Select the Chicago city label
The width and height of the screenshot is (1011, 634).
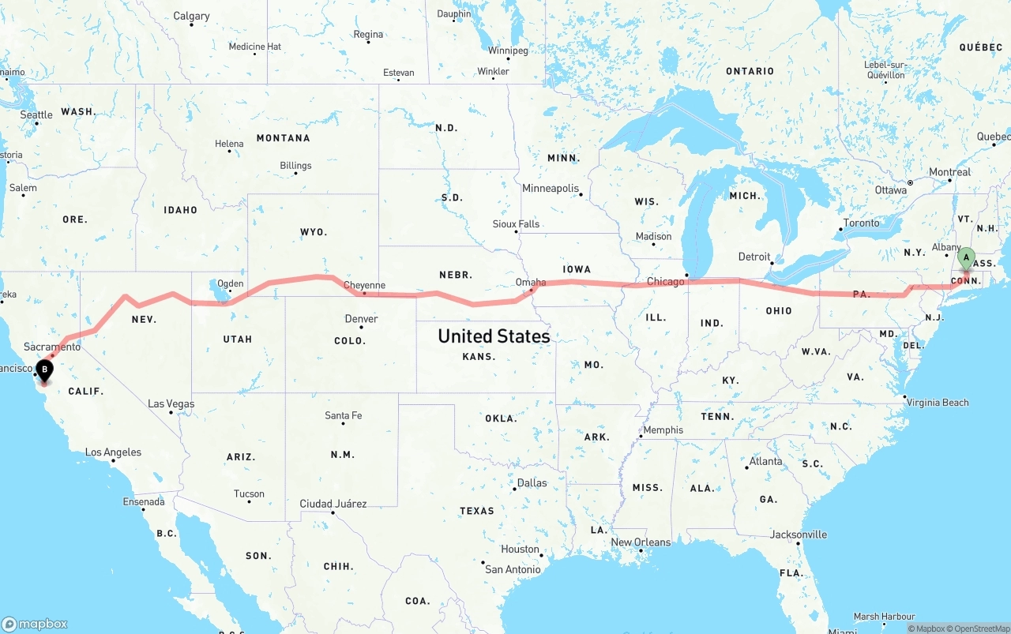click(665, 282)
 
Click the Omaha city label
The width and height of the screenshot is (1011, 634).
click(530, 282)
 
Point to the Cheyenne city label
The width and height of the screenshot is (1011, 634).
click(364, 286)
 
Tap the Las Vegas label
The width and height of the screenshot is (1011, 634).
click(171, 404)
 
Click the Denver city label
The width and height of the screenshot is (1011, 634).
click(361, 319)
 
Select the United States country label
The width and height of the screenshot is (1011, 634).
click(494, 336)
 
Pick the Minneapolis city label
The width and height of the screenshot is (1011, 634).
click(551, 189)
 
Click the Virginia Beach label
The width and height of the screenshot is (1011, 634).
click(938, 403)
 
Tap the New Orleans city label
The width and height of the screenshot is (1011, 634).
click(641, 542)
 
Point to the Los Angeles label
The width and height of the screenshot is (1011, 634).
click(113, 452)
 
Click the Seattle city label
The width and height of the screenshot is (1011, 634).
click(36, 115)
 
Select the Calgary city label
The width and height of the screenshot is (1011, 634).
click(191, 16)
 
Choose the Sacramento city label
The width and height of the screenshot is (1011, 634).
click(52, 347)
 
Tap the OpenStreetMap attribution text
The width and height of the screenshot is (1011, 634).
click(979, 629)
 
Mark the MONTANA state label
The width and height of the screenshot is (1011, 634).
click(283, 138)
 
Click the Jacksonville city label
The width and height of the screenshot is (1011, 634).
click(799, 535)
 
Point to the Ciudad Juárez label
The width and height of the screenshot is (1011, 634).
click(333, 504)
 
